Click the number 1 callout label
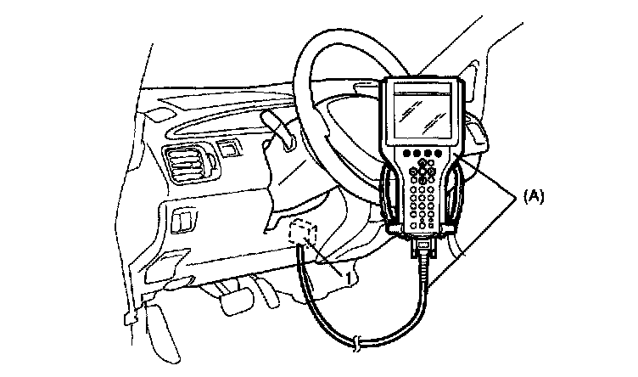click(x=350, y=276)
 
